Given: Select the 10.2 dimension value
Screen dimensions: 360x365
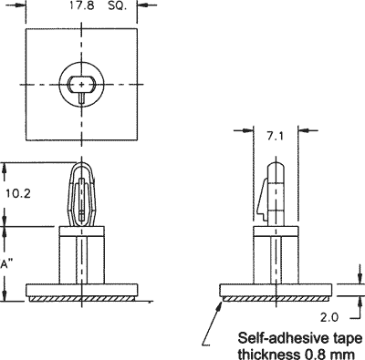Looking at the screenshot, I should coord(18,194).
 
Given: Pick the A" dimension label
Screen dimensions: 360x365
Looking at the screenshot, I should coord(7,262).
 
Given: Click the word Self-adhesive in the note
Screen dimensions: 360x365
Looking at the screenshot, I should coord(277,335).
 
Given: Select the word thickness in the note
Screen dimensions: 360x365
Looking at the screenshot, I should coord(266,352).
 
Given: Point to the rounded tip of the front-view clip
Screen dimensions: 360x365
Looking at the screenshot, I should coord(82,166).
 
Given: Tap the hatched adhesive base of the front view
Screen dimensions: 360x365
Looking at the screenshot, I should coord(82,297).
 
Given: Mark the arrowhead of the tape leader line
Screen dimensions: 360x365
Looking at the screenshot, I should coord(219,303).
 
